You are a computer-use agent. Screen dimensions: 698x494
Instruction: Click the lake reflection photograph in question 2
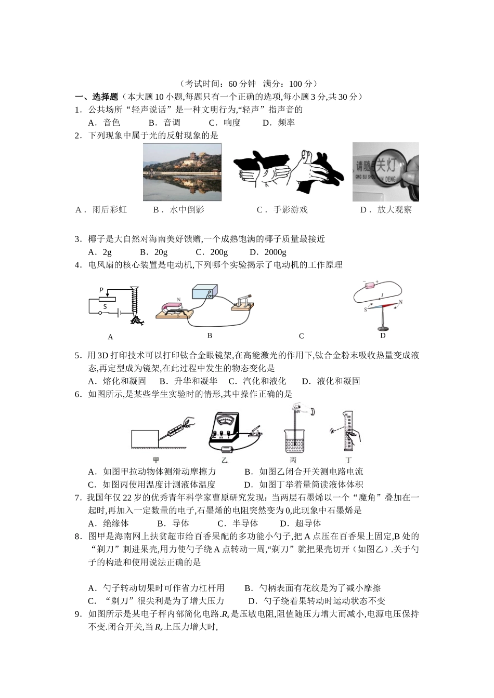click(x=182, y=172)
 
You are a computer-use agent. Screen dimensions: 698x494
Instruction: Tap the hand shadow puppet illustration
click(x=288, y=172)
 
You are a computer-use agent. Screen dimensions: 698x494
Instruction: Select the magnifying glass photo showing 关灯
click(x=385, y=172)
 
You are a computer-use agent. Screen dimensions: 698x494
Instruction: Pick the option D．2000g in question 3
click(x=268, y=252)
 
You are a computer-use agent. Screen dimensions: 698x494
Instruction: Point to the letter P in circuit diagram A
click(x=101, y=290)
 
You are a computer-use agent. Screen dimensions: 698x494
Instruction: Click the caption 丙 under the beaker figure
click(x=293, y=460)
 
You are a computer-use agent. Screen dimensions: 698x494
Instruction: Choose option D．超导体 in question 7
click(x=301, y=523)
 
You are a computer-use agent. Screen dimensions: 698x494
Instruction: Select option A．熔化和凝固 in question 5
click(x=117, y=381)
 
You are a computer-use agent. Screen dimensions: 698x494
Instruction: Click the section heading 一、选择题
click(x=97, y=97)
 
